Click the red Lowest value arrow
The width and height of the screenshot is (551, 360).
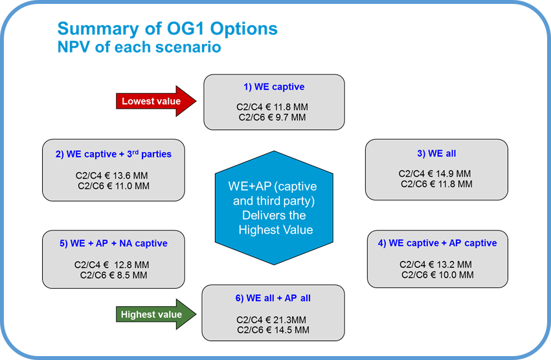[155, 101]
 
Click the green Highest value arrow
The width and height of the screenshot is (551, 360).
[155, 315]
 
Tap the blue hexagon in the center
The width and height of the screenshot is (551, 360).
[275, 208]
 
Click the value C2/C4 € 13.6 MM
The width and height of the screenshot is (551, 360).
[113, 175]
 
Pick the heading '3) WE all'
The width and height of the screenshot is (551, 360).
[437, 153]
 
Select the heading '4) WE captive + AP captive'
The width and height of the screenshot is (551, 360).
[437, 243]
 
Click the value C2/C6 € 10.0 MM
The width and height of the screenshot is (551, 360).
[437, 275]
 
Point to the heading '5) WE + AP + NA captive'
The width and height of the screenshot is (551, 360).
[113, 243]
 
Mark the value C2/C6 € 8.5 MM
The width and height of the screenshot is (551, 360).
[113, 275]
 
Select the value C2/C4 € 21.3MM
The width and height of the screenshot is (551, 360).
[272, 319]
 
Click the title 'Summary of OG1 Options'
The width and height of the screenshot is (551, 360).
[167, 29]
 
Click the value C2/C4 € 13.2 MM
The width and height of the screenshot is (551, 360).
[435, 264]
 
